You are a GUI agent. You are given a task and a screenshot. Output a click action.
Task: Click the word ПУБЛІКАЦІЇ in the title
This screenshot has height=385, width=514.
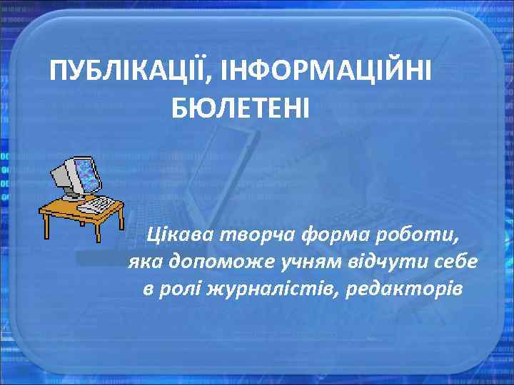[130, 71]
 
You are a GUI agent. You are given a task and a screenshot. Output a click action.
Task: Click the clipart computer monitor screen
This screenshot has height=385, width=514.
[84, 173]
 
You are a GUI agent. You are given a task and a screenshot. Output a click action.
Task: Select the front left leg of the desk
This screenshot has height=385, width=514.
[48, 226]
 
